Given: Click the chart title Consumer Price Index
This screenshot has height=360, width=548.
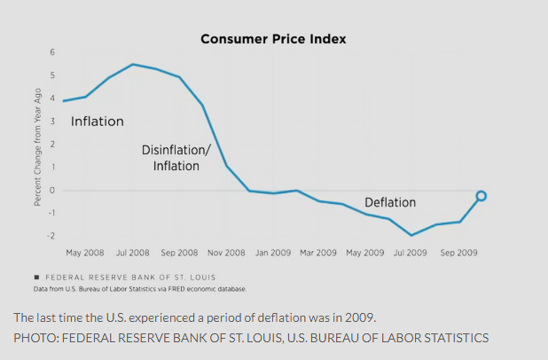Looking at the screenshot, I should click(272, 39).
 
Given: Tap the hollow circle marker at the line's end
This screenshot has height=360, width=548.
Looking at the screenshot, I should click(481, 196).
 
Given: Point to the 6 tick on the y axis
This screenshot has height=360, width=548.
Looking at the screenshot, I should click(52, 54).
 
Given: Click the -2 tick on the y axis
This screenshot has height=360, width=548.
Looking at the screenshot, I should click(51, 236).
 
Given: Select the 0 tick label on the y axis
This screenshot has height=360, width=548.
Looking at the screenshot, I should click(52, 190).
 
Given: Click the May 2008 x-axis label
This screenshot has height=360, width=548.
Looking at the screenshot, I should click(86, 253).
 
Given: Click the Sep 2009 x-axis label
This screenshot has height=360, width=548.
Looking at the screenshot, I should click(459, 253).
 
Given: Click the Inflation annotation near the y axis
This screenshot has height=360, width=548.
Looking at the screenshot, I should click(98, 121).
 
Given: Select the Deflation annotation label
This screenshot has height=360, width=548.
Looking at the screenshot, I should click(390, 202).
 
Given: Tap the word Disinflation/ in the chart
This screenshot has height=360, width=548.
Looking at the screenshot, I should click(176, 150).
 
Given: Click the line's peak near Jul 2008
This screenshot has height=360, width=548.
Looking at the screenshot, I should click(132, 64).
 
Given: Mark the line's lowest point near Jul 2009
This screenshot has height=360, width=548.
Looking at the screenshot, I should click(411, 235).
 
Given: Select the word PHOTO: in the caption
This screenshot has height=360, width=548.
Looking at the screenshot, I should click(34, 337).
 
